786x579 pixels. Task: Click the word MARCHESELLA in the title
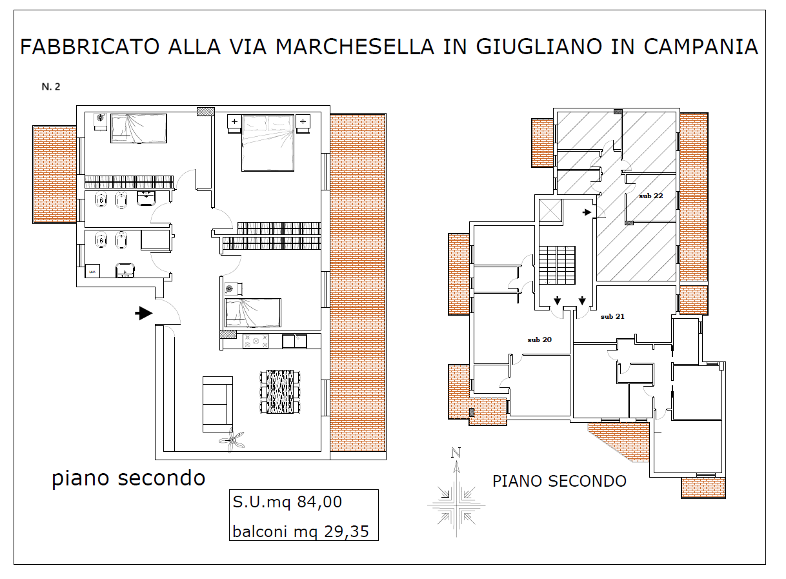[x=355, y=47]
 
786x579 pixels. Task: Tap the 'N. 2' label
[x=51, y=86]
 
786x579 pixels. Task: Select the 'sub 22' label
[x=651, y=196]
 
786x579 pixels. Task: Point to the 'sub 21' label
[x=612, y=316]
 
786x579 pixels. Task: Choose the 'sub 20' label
[x=539, y=340]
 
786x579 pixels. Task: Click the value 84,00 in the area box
[x=319, y=502]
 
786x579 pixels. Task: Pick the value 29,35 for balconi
[x=347, y=532]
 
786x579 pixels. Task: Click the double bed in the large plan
[x=268, y=143]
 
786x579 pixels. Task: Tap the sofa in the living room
[x=217, y=404]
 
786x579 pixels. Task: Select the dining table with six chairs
[x=280, y=392]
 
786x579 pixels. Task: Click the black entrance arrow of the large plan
[x=144, y=313]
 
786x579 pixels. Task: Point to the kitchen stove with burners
[x=256, y=341]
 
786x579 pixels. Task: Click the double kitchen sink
[x=294, y=341]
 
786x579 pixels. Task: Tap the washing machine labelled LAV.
[x=93, y=271]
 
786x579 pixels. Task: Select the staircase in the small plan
[x=557, y=265]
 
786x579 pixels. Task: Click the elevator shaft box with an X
[x=550, y=210]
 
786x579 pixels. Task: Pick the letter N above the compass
[x=456, y=452]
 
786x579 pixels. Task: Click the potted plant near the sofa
[x=232, y=440]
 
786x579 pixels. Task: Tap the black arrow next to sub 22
[x=587, y=212]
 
